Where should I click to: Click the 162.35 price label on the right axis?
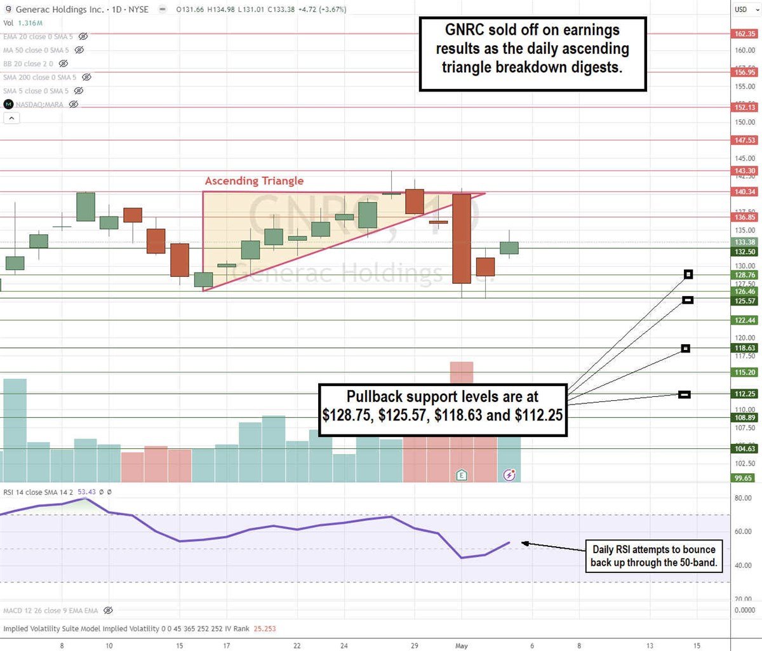click(745, 34)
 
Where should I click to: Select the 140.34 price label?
click(745, 192)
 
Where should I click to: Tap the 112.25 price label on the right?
click(745, 394)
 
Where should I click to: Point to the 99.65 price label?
click(744, 478)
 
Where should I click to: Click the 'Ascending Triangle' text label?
click(254, 181)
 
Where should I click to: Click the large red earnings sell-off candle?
click(462, 238)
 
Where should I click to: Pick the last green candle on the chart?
click(509, 248)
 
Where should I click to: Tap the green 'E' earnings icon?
click(462, 474)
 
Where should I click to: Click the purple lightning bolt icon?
click(509, 474)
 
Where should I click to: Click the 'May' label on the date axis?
click(462, 646)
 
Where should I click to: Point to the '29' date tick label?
click(415, 646)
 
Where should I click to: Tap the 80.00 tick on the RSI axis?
click(743, 498)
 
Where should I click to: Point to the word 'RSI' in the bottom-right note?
click(618, 549)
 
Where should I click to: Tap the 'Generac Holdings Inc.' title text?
click(60, 10)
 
